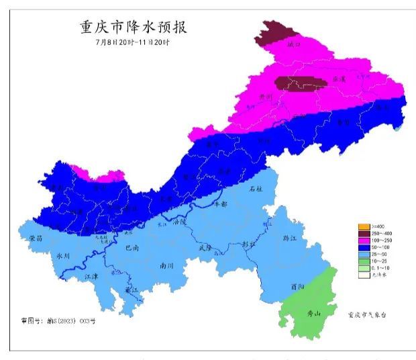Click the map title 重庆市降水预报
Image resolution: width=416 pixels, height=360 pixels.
pos(132,28)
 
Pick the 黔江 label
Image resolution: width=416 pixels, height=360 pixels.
pos(290,238)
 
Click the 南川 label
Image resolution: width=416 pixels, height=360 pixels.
pos(167,265)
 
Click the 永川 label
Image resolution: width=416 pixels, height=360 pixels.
pos(63,256)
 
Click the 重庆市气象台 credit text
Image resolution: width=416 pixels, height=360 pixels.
pos(368,314)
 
